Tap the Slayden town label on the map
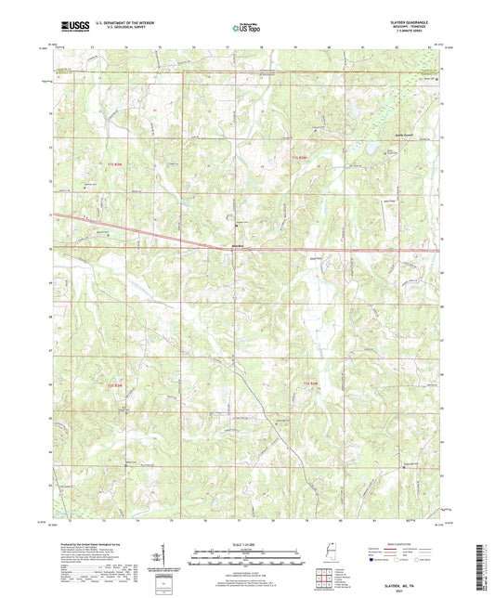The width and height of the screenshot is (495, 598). [237, 246]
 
